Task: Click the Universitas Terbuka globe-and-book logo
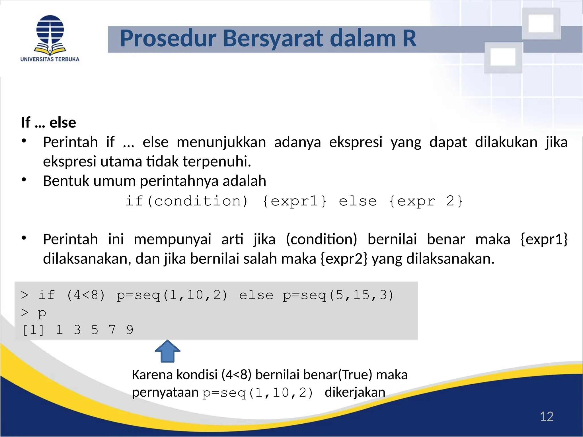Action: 50,35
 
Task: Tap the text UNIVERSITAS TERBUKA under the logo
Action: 50,59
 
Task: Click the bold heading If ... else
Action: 48,123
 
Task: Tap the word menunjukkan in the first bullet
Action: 221,142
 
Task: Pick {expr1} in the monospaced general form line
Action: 294,201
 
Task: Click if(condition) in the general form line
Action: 187,201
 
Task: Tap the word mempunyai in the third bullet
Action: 173,239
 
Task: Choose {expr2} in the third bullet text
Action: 344,259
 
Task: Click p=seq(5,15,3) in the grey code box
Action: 338,295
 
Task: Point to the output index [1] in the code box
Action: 33,330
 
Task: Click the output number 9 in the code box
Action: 130,330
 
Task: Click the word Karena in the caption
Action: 151,375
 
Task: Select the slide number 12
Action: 547,417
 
